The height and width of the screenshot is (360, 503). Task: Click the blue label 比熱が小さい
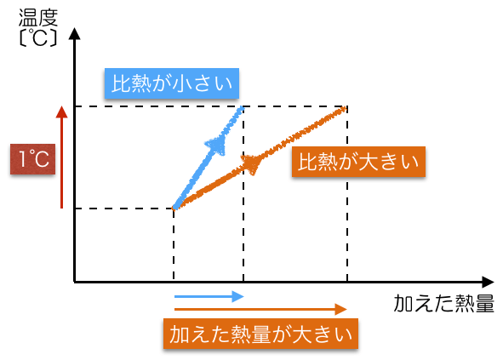172,83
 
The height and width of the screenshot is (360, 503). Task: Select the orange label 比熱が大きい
358,162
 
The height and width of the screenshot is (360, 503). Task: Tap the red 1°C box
32,159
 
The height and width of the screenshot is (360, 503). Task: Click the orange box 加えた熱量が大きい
260,334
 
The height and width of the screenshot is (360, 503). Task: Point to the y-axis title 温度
38,18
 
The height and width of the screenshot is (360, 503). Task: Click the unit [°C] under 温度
38,37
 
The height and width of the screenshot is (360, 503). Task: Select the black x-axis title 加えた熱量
444,303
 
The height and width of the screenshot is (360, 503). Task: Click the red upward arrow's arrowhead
61,111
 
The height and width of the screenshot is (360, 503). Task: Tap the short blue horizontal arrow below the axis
209,297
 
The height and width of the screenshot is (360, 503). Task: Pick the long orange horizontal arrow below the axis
260,309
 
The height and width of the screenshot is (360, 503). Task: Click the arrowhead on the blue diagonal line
217,146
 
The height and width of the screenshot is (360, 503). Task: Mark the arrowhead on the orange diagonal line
253,163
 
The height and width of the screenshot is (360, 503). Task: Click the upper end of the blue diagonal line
243,108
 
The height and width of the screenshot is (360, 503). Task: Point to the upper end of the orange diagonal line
345,109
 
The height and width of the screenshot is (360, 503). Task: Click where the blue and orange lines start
174,209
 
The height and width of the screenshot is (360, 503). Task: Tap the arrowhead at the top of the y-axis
74,34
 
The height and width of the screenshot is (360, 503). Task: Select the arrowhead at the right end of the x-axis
488,282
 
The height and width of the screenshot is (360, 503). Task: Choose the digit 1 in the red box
22,159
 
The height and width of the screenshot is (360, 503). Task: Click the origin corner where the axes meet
74,282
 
